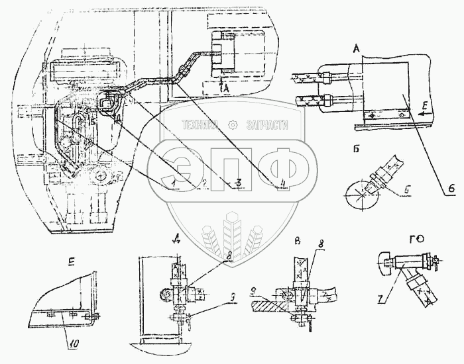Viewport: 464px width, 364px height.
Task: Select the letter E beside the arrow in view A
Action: pos(423,105)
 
